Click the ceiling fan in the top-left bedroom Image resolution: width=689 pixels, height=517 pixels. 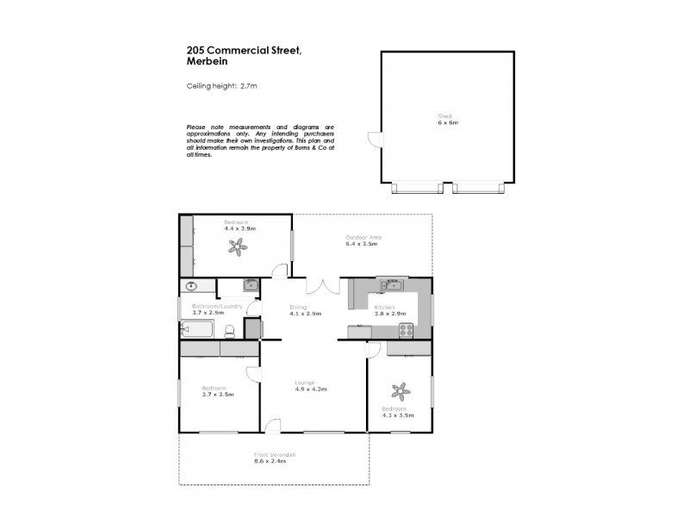pyautogui.click(x=238, y=248)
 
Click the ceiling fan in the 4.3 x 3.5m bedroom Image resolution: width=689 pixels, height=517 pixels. pyautogui.click(x=399, y=389)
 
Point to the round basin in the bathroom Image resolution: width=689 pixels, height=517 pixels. pyautogui.click(x=189, y=287)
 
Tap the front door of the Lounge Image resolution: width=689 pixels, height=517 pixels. pyautogui.click(x=273, y=426)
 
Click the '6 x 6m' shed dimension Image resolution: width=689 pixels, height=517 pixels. pyautogui.click(x=447, y=123)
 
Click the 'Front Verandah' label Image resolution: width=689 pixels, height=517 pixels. pyautogui.click(x=275, y=454)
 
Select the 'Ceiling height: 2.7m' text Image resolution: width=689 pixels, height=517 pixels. pyautogui.click(x=222, y=86)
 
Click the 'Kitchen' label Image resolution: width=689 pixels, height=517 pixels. pyautogui.click(x=384, y=307)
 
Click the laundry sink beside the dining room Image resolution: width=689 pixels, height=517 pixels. pyautogui.click(x=250, y=285)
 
